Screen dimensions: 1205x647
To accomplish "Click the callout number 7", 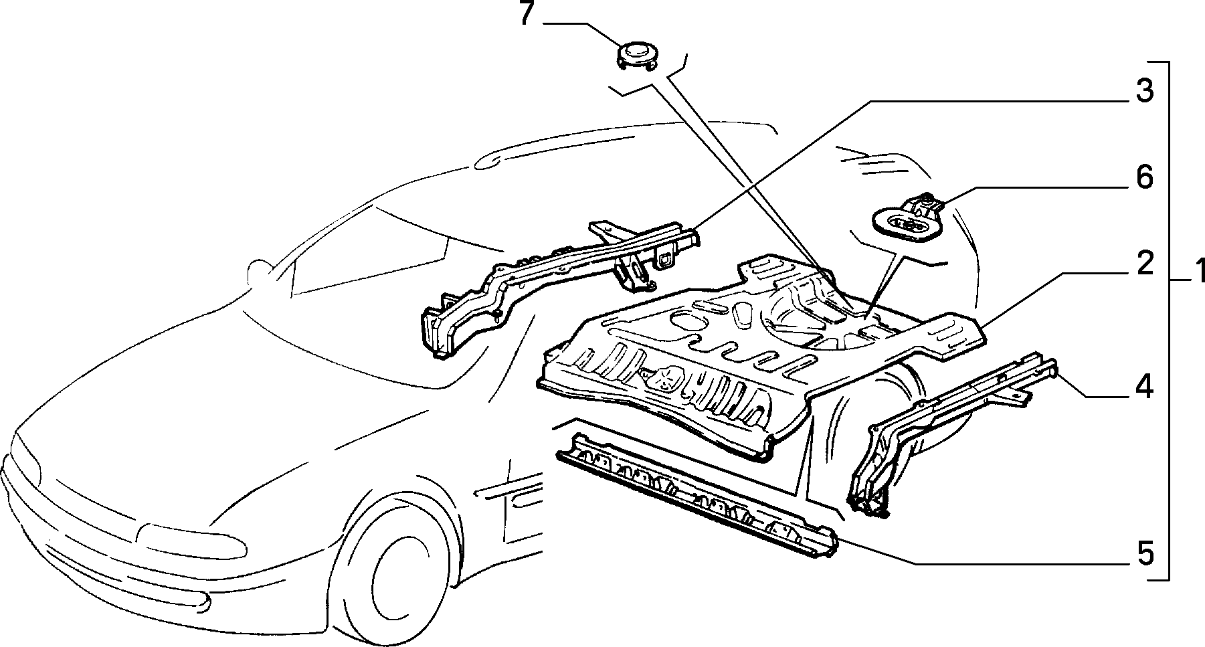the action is pyautogui.click(x=527, y=14).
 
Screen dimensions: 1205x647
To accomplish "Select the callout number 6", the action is pyautogui.click(x=1145, y=178).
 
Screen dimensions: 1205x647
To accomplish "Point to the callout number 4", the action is pyautogui.click(x=1145, y=387).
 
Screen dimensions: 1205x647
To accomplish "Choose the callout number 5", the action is pyautogui.click(x=1145, y=554).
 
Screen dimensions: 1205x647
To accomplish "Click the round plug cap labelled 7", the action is pyautogui.click(x=638, y=55).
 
